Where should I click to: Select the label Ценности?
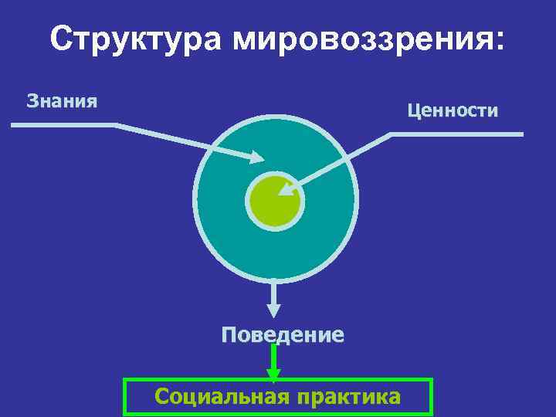click(x=453, y=111)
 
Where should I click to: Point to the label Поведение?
click(x=283, y=335)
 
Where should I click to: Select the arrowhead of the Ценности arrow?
click(x=289, y=187)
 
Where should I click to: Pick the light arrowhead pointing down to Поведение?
click(x=274, y=310)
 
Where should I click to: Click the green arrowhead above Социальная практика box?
click(x=273, y=375)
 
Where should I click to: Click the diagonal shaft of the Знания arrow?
click(x=185, y=141)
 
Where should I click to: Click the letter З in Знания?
click(x=32, y=100)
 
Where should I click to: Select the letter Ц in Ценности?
click(x=413, y=111)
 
